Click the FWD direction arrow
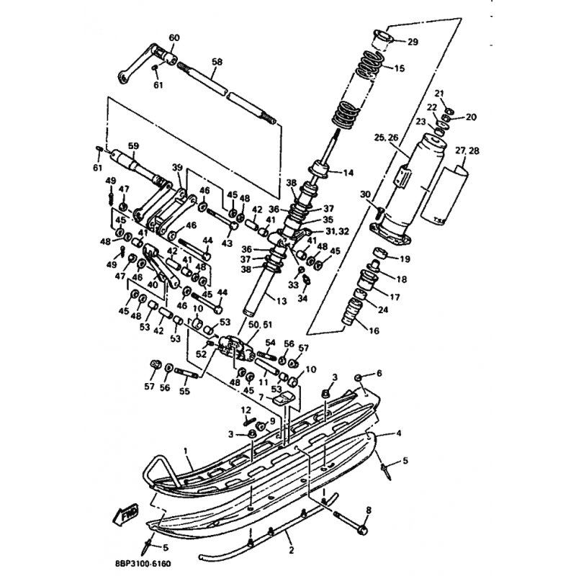[125, 513]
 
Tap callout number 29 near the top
[413, 42]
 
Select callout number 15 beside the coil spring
[399, 68]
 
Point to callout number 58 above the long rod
[217, 62]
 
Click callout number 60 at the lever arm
[174, 38]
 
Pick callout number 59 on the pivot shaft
[133, 146]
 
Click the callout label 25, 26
[386, 138]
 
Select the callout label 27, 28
[467, 150]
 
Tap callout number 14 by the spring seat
[348, 172]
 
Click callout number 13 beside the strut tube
[281, 301]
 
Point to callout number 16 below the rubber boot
[374, 330]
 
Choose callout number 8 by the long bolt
[369, 510]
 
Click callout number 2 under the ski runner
[292, 550]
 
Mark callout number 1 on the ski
[186, 451]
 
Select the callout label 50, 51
[261, 325]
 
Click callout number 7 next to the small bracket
[261, 398]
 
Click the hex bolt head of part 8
[362, 530]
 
